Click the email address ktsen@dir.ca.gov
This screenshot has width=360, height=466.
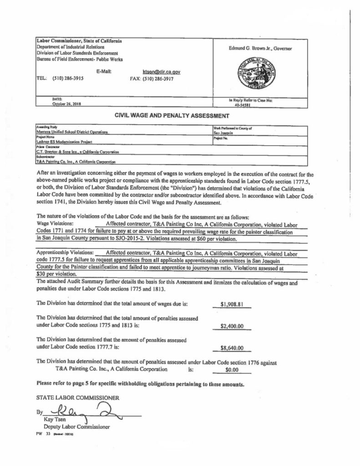pos(162,72)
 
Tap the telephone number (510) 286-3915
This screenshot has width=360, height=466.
pos(68,78)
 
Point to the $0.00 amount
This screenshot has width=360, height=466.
pos(233,370)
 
